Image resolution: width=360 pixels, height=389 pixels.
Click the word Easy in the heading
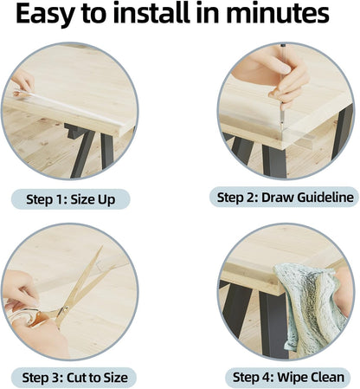click(x=44, y=14)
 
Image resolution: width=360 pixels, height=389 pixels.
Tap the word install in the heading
click(x=151, y=13)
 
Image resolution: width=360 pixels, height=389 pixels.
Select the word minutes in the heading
click(x=278, y=13)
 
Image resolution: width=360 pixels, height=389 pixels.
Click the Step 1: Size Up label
click(x=71, y=199)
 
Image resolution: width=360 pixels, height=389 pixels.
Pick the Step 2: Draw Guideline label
click(x=285, y=198)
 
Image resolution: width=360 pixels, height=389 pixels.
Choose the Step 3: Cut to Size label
click(x=74, y=378)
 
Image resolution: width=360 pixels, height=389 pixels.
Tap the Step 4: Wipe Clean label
click(x=288, y=377)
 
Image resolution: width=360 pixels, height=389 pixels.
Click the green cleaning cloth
click(x=311, y=309)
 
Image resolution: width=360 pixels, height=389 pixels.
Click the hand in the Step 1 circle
click(x=22, y=82)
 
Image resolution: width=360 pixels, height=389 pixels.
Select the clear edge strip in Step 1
click(x=69, y=108)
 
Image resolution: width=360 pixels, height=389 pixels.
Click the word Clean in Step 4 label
click(x=325, y=377)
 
